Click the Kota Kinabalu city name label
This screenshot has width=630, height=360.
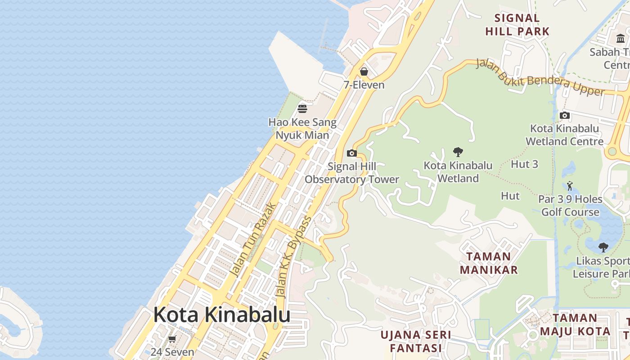pos(221,315)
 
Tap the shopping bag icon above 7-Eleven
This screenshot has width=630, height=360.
pos(364,72)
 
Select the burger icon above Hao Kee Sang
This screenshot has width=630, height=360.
pos(302,108)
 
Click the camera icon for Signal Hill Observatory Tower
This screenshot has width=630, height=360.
pos(352,153)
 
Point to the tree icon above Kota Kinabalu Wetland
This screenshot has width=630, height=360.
pos(458,152)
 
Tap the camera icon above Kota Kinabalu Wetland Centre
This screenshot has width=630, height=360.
pos(565,116)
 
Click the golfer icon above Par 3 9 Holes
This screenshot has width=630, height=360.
pos(570,185)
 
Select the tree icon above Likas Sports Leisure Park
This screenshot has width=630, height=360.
pos(603,247)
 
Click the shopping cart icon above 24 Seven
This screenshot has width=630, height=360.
pos(172,339)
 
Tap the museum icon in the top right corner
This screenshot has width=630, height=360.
pos(621,39)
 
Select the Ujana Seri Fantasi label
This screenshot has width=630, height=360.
pos(415,342)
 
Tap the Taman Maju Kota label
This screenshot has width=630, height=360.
pos(575,324)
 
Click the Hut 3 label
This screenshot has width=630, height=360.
pos(524,164)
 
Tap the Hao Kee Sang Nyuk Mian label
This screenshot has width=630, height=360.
pos(302,129)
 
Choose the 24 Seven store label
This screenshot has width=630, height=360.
pos(172,352)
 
